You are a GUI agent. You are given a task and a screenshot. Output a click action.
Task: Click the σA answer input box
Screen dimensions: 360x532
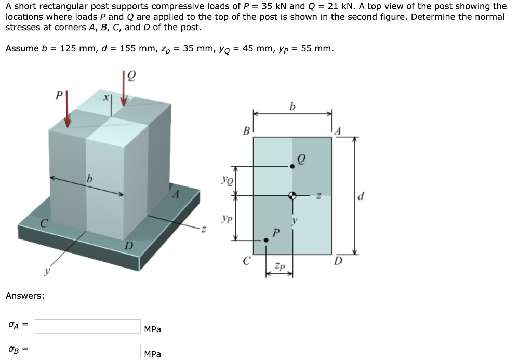(x=88, y=326)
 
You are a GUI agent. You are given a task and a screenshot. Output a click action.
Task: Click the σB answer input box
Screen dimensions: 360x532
(x=88, y=351)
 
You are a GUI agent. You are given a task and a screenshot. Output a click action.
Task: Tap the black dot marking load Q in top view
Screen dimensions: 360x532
(x=292, y=166)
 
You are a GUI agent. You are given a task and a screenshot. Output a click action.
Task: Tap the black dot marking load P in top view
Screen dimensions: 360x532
(x=266, y=240)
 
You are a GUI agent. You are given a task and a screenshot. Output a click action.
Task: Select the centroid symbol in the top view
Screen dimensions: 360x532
(x=292, y=196)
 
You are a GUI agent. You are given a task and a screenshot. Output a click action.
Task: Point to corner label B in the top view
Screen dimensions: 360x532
(x=247, y=130)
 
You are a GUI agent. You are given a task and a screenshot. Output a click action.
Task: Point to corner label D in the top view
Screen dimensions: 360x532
(x=338, y=261)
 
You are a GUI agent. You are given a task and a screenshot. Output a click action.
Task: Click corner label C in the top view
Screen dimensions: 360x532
(x=247, y=261)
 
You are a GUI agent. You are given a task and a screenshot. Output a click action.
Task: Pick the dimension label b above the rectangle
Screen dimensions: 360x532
(x=292, y=107)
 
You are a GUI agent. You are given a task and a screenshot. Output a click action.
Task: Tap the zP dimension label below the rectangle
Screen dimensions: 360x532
(x=280, y=266)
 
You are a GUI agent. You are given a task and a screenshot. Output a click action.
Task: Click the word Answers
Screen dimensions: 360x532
(x=24, y=296)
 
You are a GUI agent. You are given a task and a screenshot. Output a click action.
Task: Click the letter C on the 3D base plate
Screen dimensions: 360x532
(x=45, y=224)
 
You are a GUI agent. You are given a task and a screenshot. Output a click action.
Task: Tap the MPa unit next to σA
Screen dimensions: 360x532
(x=152, y=329)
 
